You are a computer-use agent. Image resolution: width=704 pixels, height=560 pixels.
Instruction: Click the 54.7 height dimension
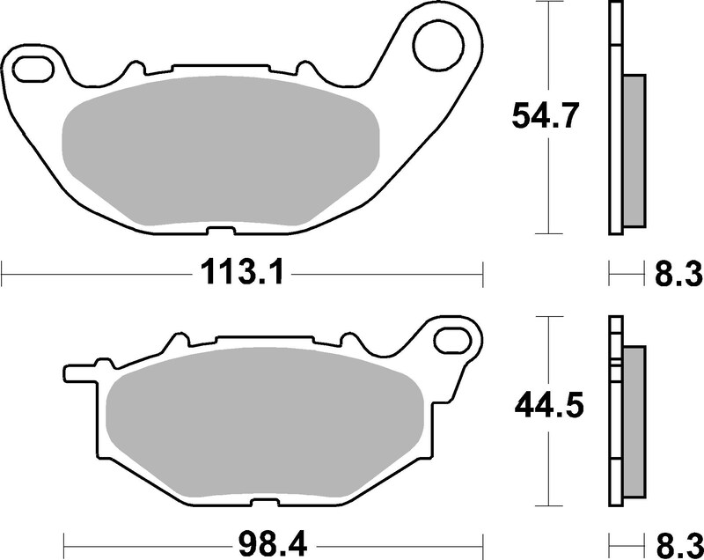click(546, 116)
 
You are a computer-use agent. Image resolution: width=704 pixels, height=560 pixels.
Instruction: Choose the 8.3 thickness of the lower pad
click(678, 539)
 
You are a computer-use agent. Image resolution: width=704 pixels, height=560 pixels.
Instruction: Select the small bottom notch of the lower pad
click(260, 504)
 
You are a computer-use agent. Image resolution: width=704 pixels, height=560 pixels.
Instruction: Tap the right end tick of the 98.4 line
click(483, 539)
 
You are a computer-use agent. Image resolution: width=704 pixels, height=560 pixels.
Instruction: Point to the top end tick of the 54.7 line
click(549, 3)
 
